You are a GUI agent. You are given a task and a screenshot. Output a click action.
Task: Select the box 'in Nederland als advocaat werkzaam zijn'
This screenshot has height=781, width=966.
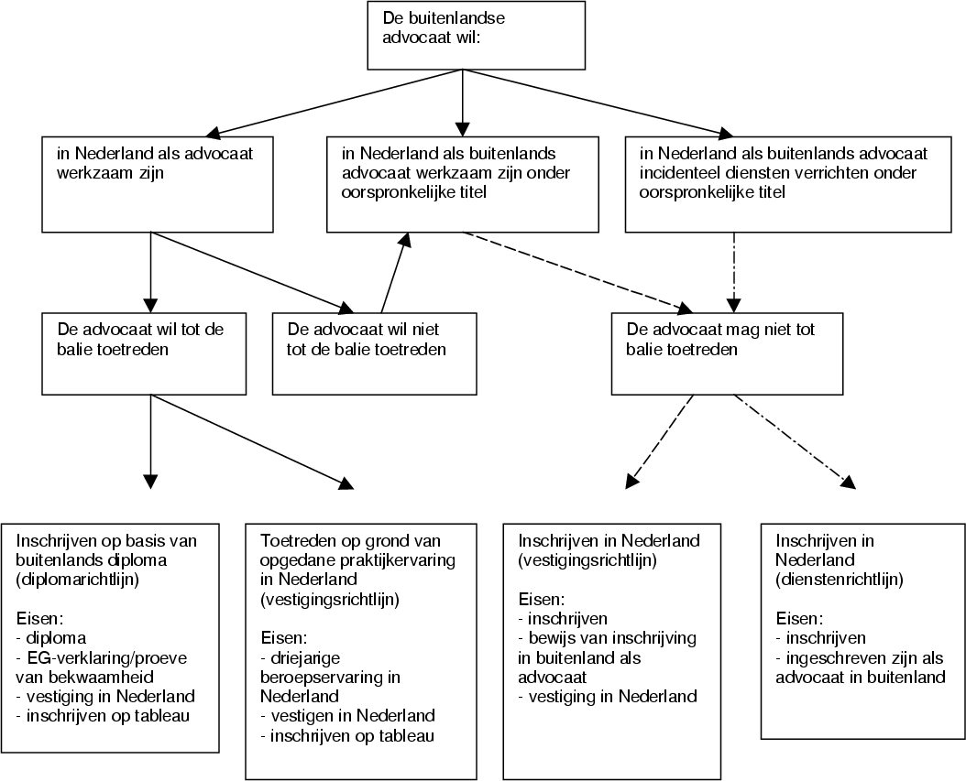(x=157, y=183)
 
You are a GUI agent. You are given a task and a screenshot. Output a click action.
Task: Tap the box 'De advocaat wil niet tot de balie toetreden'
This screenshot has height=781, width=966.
(x=374, y=353)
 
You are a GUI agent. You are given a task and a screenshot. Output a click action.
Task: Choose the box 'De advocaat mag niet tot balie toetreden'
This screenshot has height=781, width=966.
(x=726, y=353)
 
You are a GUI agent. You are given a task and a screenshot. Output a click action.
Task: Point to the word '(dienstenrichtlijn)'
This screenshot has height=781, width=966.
(x=839, y=580)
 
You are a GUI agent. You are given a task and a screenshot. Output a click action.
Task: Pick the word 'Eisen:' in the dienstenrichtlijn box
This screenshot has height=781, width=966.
(x=799, y=618)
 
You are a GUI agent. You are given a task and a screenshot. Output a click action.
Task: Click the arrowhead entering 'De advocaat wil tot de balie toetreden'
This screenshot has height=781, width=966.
(x=151, y=305)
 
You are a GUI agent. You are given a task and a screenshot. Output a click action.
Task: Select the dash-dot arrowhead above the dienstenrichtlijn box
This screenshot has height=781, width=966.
(x=849, y=482)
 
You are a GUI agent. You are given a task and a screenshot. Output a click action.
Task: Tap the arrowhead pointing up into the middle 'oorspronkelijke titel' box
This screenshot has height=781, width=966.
(x=402, y=239)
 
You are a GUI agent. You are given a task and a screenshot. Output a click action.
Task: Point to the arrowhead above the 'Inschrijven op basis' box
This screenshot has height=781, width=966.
(x=151, y=481)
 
